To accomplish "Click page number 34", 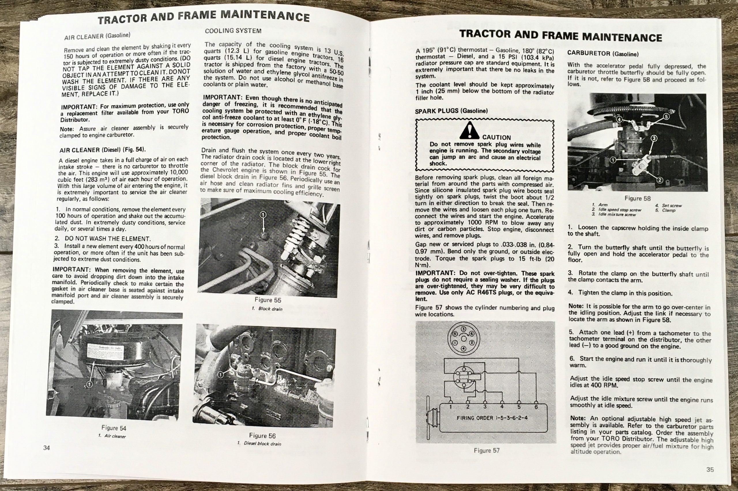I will (x=46, y=448).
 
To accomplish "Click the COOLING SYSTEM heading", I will (x=233, y=31).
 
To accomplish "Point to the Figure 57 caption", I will (x=487, y=450).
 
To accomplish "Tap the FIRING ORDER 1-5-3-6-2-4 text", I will (x=492, y=418).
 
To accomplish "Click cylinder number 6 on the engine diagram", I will (x=536, y=407).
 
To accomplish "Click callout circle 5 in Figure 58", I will (x=666, y=116).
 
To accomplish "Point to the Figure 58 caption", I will (x=637, y=198).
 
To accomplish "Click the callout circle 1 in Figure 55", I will (x=263, y=214).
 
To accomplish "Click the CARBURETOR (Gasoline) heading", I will (x=603, y=54).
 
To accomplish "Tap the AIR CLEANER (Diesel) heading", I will (x=102, y=150).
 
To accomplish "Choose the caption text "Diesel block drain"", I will (x=262, y=443).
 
